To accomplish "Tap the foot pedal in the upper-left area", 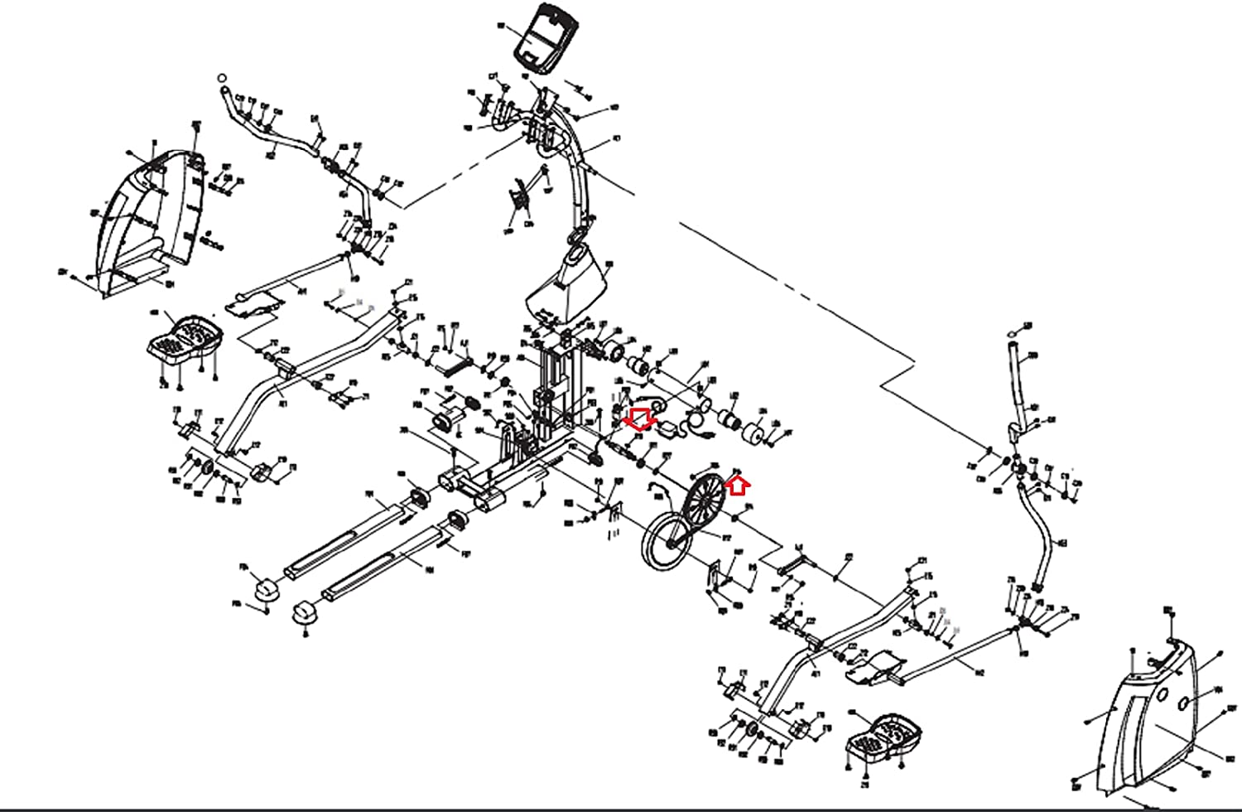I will click(x=185, y=336).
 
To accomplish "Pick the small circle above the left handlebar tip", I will click(x=222, y=79).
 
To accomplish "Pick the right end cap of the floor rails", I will click(x=305, y=612).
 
